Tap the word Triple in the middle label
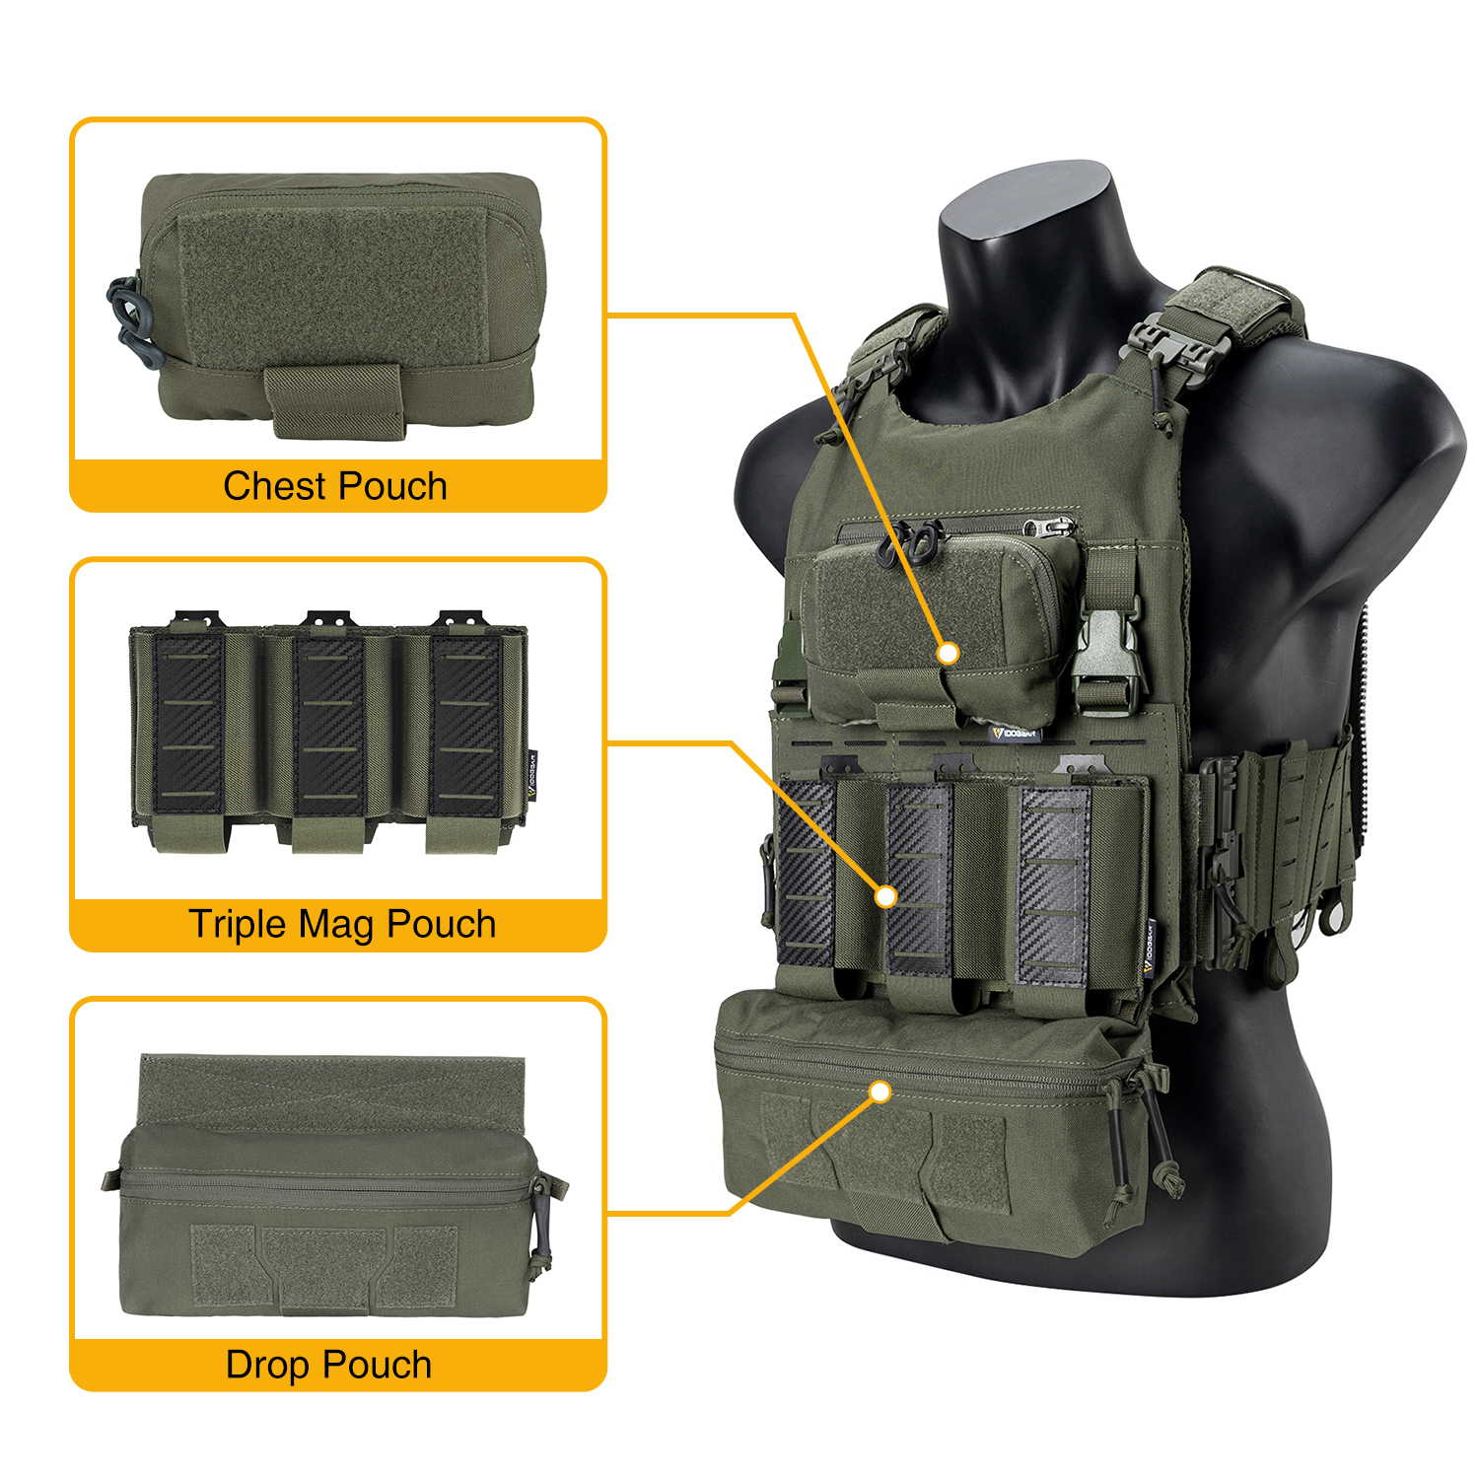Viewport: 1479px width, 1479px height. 237,925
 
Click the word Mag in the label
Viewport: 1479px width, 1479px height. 339,925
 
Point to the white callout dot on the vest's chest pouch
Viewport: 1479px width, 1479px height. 948,653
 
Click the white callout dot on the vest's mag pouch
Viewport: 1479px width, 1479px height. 885,896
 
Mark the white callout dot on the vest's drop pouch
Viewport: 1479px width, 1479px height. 880,1092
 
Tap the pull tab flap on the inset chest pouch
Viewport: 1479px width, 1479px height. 334,399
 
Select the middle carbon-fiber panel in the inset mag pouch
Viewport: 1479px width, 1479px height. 329,725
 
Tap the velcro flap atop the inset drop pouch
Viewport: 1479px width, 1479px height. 332,1090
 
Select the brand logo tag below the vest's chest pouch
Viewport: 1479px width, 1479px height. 1015,733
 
